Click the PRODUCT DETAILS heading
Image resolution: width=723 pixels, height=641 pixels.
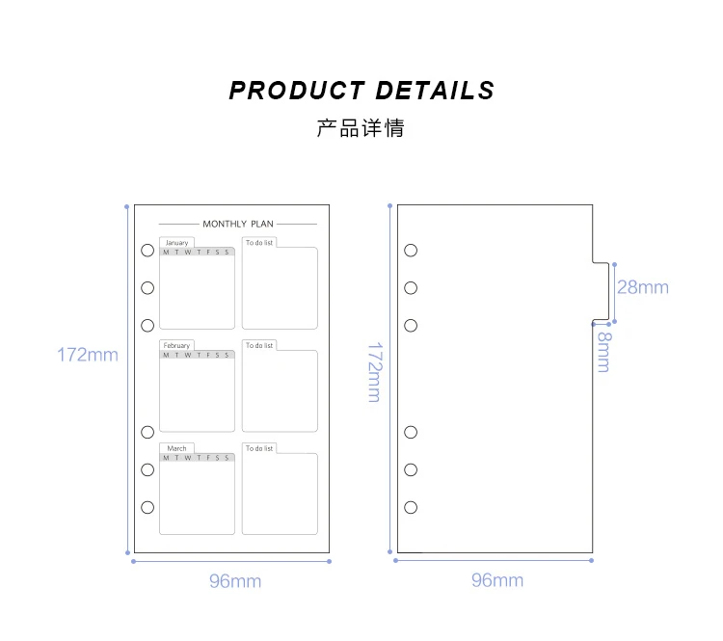tap(361, 91)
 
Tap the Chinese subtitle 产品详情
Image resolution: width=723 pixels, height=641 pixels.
tap(361, 128)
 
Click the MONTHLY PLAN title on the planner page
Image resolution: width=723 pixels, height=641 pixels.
tap(238, 225)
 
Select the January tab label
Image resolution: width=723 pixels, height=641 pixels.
tap(177, 243)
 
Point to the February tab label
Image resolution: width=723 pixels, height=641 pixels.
tap(176, 345)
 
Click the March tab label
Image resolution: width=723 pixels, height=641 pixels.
tap(177, 448)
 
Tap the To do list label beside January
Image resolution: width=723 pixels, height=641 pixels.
tap(259, 243)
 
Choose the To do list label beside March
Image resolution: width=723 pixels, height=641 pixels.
tap(259, 448)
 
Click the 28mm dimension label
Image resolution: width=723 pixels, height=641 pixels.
tap(643, 287)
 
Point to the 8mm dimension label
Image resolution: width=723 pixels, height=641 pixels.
tap(604, 352)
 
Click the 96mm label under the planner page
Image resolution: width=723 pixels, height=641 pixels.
tap(235, 581)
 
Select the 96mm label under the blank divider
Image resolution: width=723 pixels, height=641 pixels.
tap(497, 580)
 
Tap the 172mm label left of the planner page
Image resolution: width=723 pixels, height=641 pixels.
tap(88, 355)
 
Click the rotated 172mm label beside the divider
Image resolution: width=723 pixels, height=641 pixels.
tap(375, 373)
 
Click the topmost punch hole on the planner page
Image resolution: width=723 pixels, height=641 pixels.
tap(147, 251)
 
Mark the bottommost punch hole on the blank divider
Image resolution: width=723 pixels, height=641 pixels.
tap(411, 508)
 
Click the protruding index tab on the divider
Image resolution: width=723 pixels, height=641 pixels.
tap(601, 291)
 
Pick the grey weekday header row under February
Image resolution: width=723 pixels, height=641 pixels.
tap(198, 355)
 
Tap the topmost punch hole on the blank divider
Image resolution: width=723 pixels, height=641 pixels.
tap(411, 251)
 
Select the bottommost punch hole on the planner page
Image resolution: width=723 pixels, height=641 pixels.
tap(147, 508)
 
